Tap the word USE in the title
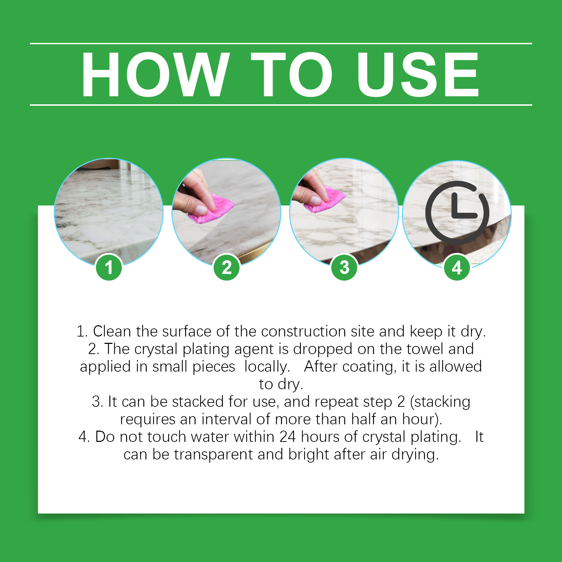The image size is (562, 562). tap(418, 74)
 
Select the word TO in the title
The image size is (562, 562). tap(292, 74)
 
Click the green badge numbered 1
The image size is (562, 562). tap(109, 267)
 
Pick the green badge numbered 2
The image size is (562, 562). tap(227, 267)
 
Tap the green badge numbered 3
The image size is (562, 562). tap(345, 267)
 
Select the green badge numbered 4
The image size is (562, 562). tap(457, 267)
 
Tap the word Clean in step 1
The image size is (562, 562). tap(112, 331)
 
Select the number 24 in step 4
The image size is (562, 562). tap(288, 437)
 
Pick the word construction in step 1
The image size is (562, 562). tap(303, 331)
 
